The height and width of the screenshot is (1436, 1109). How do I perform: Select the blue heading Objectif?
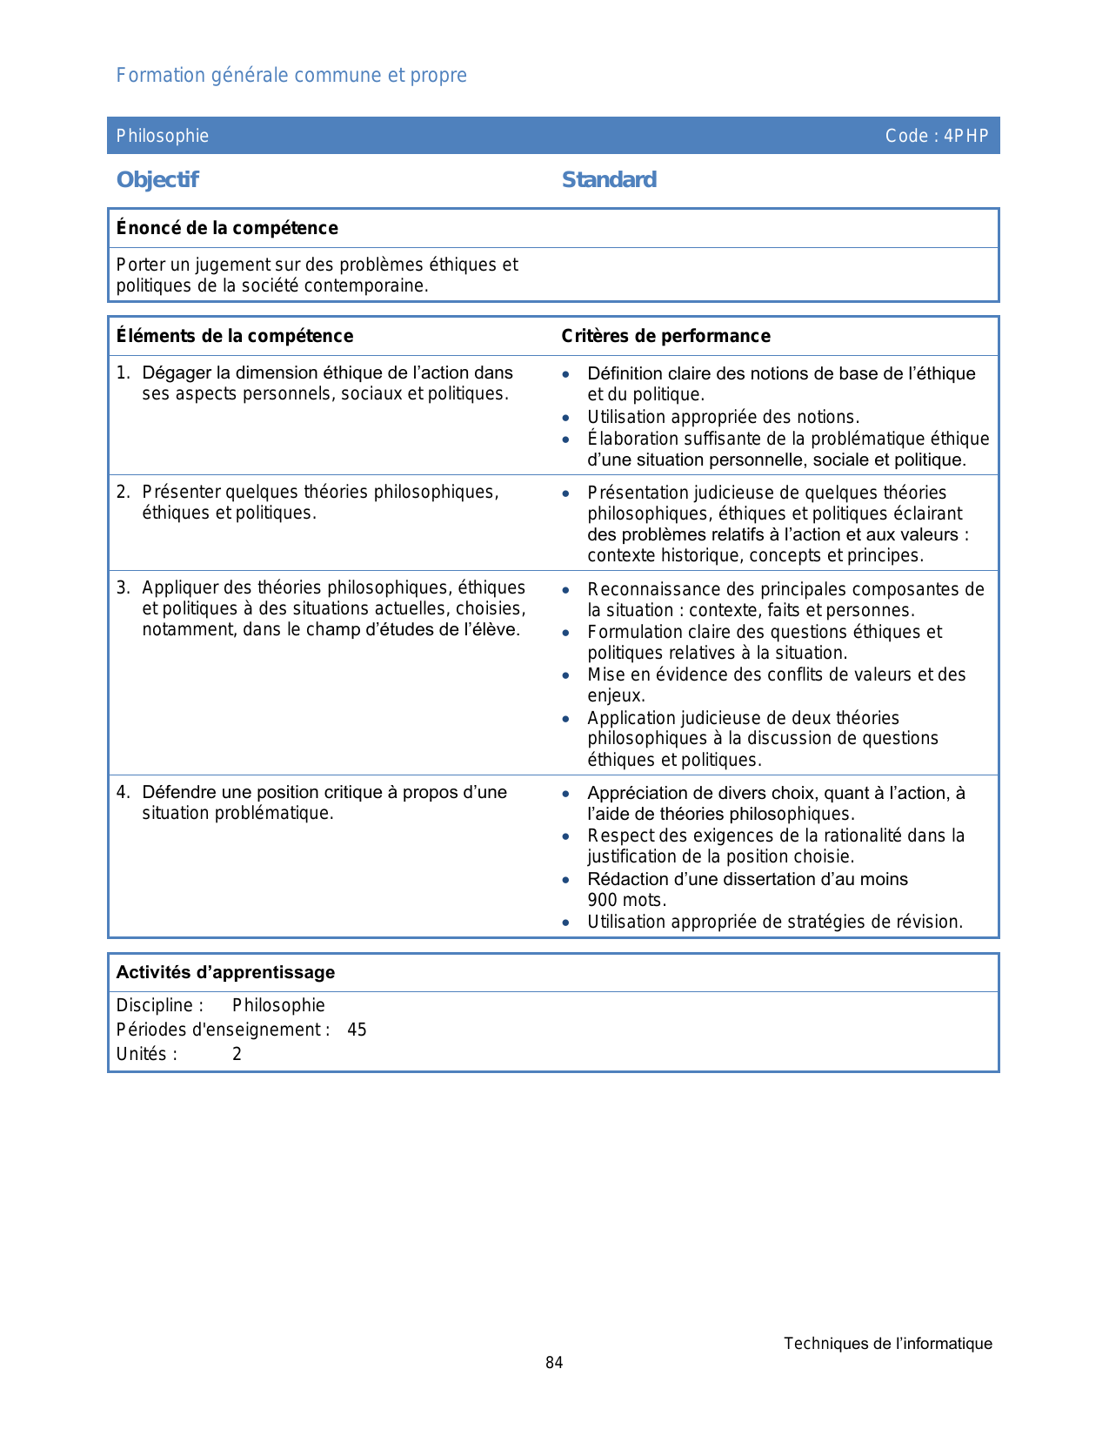(x=157, y=180)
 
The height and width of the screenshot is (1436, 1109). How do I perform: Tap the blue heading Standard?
(x=609, y=180)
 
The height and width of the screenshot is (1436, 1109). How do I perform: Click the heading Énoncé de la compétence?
(x=227, y=228)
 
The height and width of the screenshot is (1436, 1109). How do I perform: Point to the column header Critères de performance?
(x=665, y=336)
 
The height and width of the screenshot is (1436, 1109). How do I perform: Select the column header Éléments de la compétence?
(x=235, y=336)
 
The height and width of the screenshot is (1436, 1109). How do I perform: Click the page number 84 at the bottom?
(x=554, y=1363)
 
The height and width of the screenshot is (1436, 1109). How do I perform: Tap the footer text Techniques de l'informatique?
(x=887, y=1344)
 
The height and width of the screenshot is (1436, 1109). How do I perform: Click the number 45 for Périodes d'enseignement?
(x=357, y=1030)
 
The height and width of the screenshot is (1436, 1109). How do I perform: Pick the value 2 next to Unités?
(x=237, y=1054)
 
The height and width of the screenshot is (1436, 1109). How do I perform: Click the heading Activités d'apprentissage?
(x=225, y=972)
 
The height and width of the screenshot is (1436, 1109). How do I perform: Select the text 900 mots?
(x=626, y=900)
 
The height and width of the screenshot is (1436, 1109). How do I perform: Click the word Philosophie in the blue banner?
(x=163, y=136)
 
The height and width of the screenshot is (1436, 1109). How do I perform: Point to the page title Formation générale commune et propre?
(x=291, y=76)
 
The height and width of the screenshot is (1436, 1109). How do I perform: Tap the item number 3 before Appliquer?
(x=122, y=587)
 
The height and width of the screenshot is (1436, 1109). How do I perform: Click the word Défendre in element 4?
(x=179, y=792)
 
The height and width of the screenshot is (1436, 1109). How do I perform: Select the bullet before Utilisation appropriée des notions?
(x=566, y=418)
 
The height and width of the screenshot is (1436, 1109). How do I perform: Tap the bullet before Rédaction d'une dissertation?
(x=566, y=880)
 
